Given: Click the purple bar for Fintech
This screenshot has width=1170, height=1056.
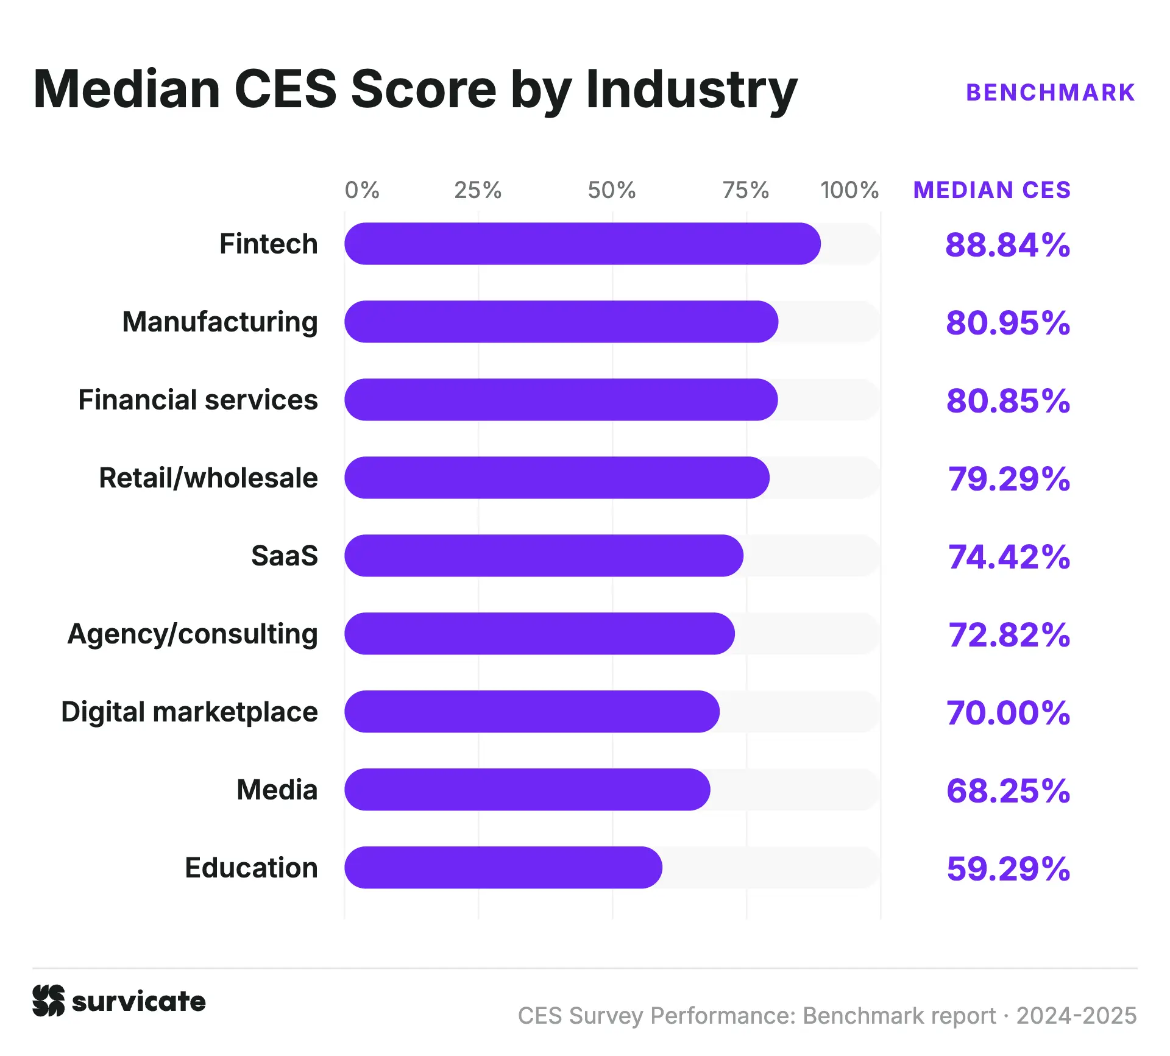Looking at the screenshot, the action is tap(583, 244).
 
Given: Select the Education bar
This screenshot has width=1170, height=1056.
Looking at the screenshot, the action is tap(503, 868).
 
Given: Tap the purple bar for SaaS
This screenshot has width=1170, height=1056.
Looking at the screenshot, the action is tap(544, 556).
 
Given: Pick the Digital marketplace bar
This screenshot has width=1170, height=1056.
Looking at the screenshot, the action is tap(532, 712).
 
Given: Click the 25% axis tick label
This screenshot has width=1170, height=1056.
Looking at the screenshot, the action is tap(478, 190).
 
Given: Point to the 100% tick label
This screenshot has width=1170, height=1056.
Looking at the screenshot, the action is tap(849, 190).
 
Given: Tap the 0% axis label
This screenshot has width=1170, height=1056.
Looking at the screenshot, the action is tap(362, 190).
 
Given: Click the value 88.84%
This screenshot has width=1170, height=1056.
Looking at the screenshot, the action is tap(1008, 245).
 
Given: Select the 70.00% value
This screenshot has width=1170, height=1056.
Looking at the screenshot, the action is tap(1008, 713).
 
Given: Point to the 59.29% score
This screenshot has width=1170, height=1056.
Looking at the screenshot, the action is tap(1009, 869).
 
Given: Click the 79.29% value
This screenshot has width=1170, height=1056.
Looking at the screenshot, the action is tap(1009, 479).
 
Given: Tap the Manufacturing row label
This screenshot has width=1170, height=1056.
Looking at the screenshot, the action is tap(220, 322).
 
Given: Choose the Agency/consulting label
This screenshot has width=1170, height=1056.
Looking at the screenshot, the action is tap(193, 634).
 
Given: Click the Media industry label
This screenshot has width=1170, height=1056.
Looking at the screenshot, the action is tap(277, 790).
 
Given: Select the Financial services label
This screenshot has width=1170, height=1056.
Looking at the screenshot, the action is tap(198, 400).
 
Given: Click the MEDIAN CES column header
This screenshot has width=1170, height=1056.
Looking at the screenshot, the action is tap(992, 190).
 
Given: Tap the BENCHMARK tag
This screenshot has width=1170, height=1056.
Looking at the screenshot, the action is tap(1051, 93).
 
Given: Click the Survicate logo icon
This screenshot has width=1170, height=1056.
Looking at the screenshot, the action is tap(48, 1001).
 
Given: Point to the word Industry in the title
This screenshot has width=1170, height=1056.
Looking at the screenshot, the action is tap(692, 90).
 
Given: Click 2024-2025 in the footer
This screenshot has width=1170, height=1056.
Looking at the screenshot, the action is tap(1077, 1016).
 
